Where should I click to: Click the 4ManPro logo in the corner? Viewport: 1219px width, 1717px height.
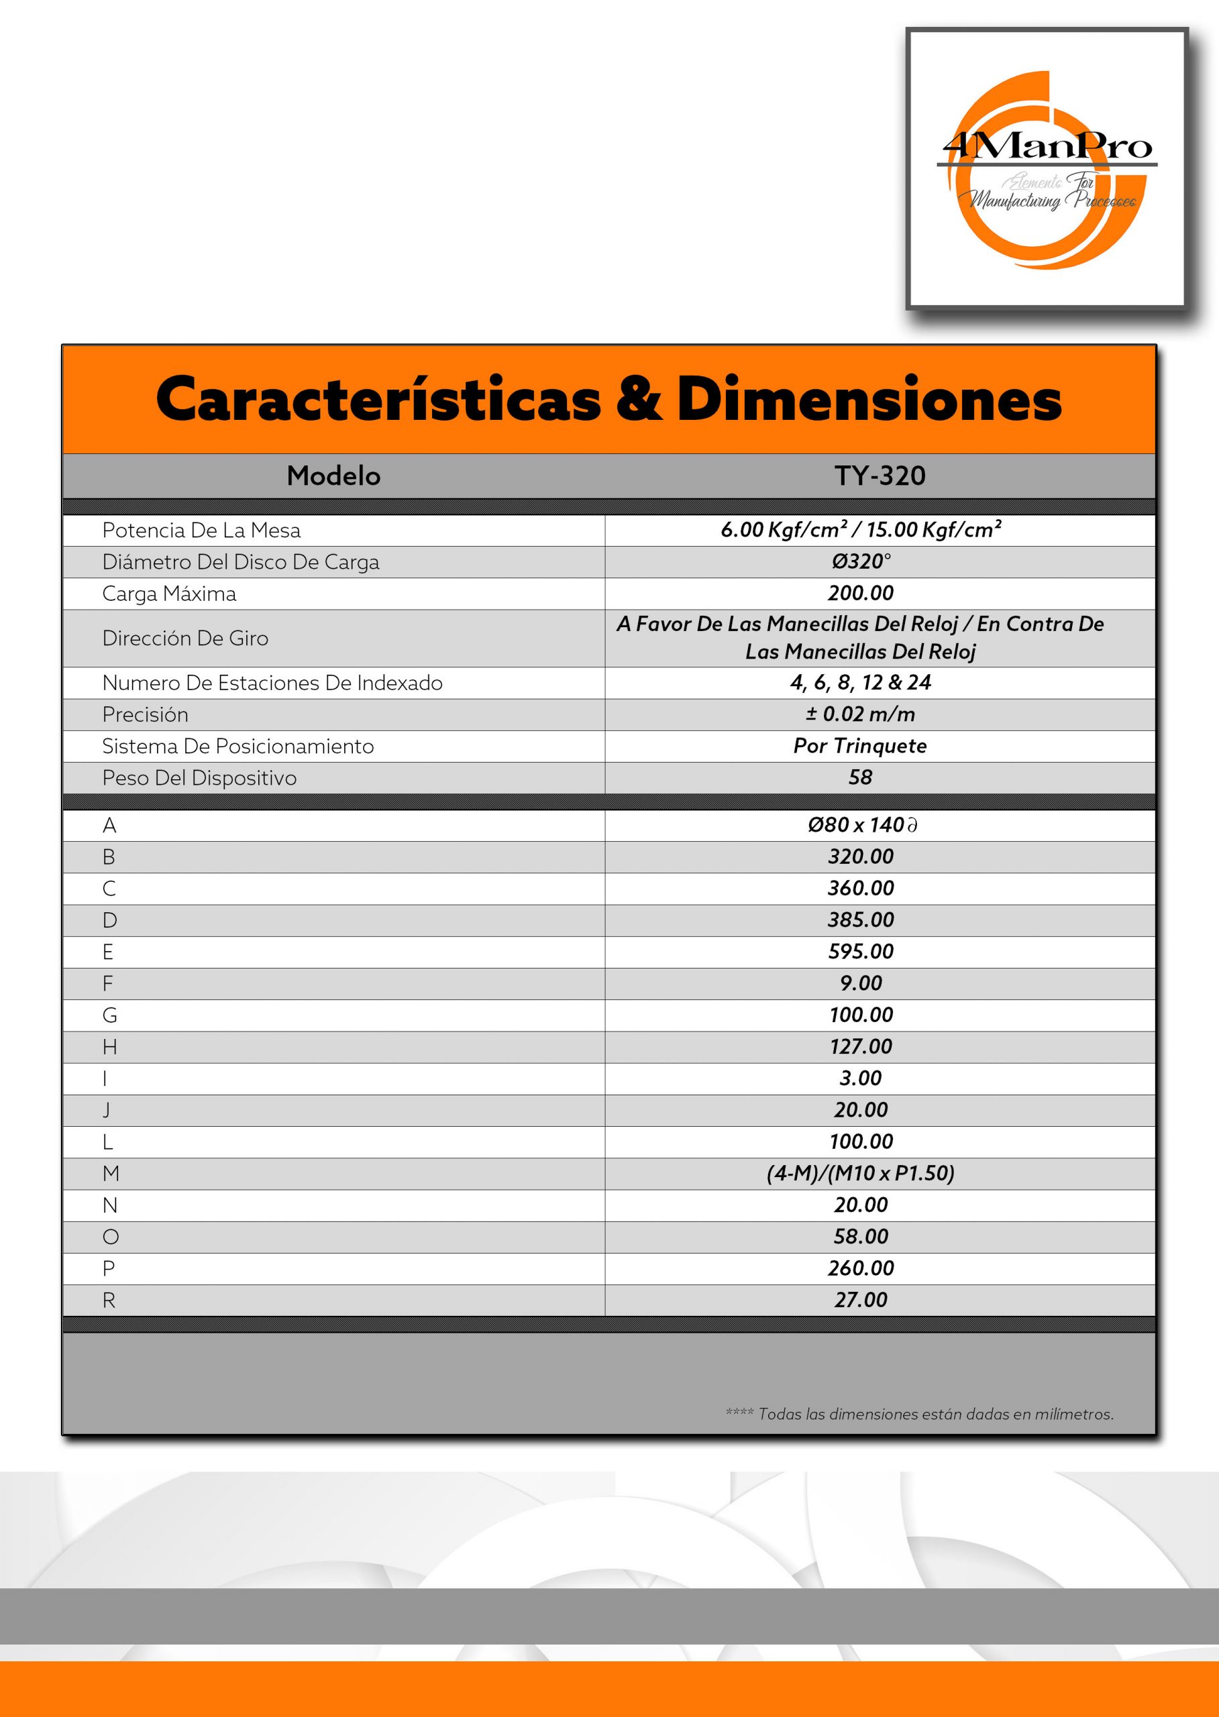pos(1047,169)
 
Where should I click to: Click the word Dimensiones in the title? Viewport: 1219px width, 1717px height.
pos(869,400)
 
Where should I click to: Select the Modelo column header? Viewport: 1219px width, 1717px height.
pos(333,476)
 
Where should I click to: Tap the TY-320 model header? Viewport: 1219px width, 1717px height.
pos(880,476)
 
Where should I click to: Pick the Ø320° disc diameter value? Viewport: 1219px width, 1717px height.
pos(860,561)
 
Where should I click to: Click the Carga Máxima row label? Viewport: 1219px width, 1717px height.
pos(169,594)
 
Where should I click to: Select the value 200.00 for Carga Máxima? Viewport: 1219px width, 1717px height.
pos(860,593)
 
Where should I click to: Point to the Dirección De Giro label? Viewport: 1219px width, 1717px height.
pos(184,638)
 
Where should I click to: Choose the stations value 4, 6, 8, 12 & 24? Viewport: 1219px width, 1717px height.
pos(860,682)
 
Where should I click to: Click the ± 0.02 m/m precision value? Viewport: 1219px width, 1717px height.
pos(860,714)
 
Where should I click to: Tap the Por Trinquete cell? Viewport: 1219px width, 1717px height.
pos(860,745)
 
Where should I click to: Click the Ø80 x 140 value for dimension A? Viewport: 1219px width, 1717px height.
pos(860,825)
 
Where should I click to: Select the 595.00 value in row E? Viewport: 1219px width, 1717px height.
pos(860,951)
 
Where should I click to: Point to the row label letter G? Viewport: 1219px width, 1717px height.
pos(109,1015)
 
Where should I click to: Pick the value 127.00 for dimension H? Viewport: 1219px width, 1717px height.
pos(860,1046)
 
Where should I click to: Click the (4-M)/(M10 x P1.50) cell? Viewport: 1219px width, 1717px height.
pos(860,1173)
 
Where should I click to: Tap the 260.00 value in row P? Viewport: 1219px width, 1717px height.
pos(860,1268)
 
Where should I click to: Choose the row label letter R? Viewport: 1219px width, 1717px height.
pos(109,1300)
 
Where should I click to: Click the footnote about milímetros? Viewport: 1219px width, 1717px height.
pos(920,1414)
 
